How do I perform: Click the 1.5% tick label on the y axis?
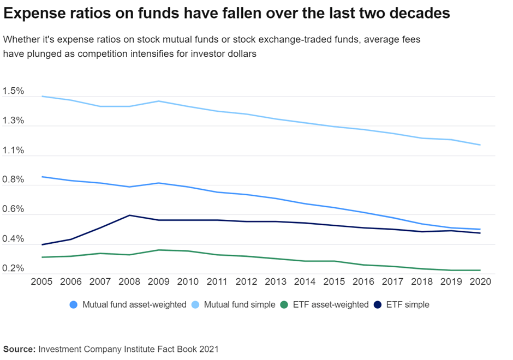click(13, 91)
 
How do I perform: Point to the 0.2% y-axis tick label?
click(13, 268)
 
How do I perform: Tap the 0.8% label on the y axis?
click(13, 180)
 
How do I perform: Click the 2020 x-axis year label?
click(480, 282)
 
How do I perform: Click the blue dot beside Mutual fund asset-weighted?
click(74, 305)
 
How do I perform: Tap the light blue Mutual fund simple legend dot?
click(195, 305)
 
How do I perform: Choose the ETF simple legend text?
click(408, 305)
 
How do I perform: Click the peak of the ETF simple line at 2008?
click(129, 215)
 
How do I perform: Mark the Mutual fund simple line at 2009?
click(158, 101)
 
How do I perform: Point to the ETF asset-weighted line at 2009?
click(158, 250)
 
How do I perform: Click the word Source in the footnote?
click(19, 349)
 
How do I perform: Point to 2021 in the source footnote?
click(208, 349)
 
